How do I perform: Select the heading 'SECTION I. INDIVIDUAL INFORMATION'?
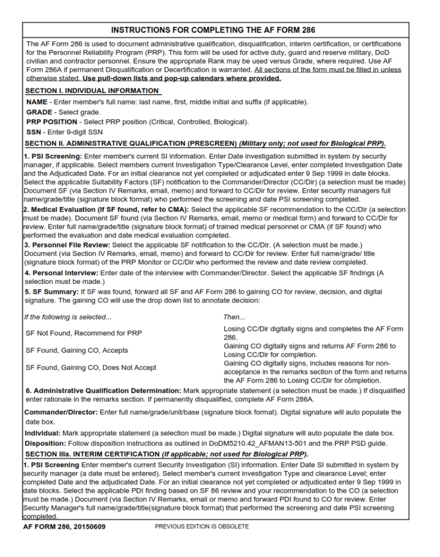click(x=92, y=91)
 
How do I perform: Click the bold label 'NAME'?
click(x=37, y=102)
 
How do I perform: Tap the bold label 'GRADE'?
click(x=39, y=112)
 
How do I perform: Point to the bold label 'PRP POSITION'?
click(x=52, y=122)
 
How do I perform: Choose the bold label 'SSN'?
click(x=34, y=132)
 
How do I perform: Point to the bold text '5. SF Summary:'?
click(x=51, y=291)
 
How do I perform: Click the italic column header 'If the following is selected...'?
click(x=68, y=317)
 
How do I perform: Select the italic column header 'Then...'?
click(x=234, y=317)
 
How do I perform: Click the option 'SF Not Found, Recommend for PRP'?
click(x=84, y=333)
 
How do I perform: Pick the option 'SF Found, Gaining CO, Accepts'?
click(x=77, y=350)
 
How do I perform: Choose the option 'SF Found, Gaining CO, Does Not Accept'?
click(x=91, y=367)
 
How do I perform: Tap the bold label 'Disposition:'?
click(x=44, y=443)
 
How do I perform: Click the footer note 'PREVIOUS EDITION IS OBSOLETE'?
click(x=202, y=526)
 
